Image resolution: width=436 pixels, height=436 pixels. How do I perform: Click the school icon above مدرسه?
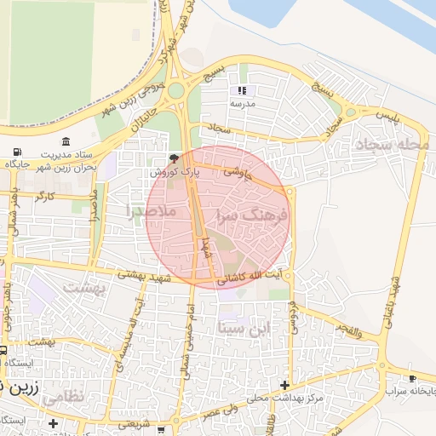click(x=243, y=89)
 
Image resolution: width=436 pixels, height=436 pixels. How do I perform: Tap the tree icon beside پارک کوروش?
click(x=175, y=158)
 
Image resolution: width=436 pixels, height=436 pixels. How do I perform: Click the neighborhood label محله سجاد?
click(x=392, y=144)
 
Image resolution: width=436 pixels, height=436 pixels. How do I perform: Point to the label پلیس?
click(x=387, y=115)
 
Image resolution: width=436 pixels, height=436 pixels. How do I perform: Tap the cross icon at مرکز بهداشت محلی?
click(x=295, y=385)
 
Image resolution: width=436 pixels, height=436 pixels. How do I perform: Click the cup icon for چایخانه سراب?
click(x=413, y=377)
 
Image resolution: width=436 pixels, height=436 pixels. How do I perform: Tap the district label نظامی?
click(x=63, y=396)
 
